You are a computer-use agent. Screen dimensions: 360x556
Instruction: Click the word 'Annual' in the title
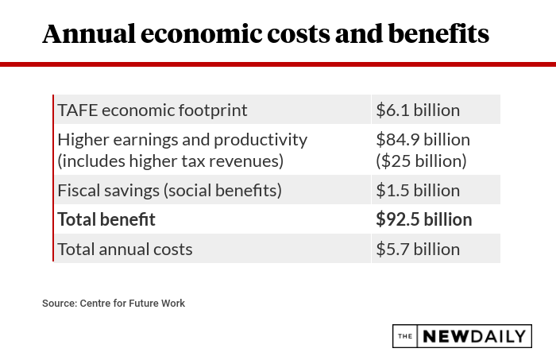pyautogui.click(x=88, y=33)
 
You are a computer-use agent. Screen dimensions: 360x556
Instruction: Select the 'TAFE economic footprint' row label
pyautogui.click(x=153, y=110)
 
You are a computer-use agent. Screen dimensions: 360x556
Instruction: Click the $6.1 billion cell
pyautogui.click(x=418, y=110)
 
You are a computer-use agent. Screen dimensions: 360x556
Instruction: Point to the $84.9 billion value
pyautogui.click(x=423, y=139)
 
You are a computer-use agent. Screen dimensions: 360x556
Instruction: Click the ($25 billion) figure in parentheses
pyautogui.click(x=421, y=161)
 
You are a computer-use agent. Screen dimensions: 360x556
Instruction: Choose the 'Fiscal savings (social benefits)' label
pyautogui.click(x=169, y=190)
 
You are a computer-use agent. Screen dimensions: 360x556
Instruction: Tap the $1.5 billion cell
pyautogui.click(x=418, y=190)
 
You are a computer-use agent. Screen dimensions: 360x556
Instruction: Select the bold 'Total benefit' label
pyautogui.click(x=106, y=219)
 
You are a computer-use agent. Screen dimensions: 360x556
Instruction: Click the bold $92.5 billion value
pyautogui.click(x=423, y=219)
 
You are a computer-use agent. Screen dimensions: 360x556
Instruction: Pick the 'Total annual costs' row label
pyautogui.click(x=125, y=249)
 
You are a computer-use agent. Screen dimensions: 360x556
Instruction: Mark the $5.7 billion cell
pyautogui.click(x=418, y=249)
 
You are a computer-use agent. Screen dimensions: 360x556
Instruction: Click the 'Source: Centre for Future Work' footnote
pyautogui.click(x=114, y=303)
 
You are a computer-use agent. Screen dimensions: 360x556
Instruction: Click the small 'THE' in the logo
pyautogui.click(x=405, y=336)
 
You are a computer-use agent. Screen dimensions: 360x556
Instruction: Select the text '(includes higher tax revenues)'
pyautogui.click(x=170, y=161)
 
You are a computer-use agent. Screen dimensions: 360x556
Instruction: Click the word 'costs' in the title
pyautogui.click(x=302, y=33)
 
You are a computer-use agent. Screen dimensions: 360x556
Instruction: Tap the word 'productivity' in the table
pyautogui.click(x=259, y=139)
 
